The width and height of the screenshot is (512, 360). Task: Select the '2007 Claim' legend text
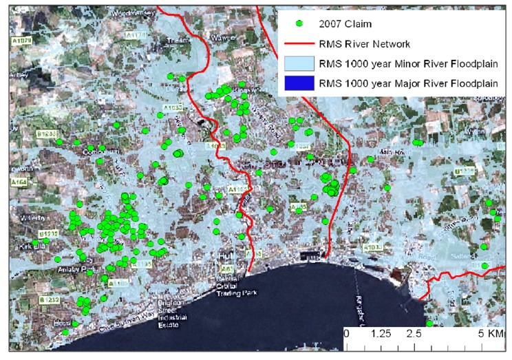[x=344, y=23]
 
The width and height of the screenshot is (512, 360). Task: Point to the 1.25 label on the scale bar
[x=381, y=333]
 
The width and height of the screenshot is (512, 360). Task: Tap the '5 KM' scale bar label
[x=489, y=333]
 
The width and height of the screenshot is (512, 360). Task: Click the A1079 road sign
[x=21, y=41]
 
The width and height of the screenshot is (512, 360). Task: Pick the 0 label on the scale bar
[x=347, y=333]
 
